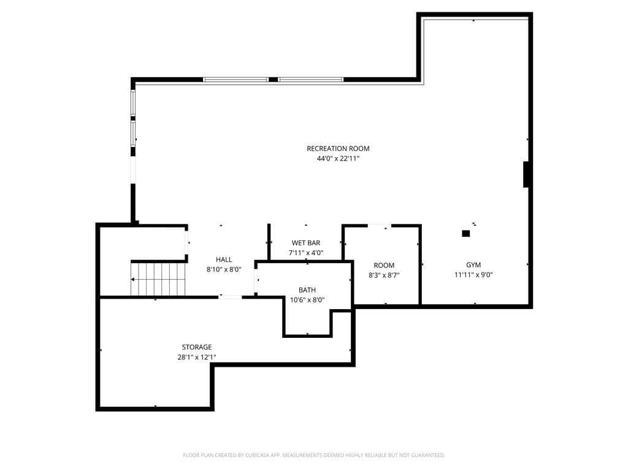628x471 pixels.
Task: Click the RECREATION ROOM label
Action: (338, 148)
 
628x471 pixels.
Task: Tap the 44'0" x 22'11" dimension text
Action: (338, 159)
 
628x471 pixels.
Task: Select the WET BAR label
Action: (306, 243)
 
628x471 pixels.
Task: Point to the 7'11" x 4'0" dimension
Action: (306, 253)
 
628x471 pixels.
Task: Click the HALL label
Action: (224, 259)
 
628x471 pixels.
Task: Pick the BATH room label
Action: (307, 290)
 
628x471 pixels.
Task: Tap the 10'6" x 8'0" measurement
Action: (307, 300)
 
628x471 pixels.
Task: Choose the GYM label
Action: (473, 265)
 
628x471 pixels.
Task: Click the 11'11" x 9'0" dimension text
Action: (473, 275)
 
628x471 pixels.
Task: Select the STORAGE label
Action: (197, 347)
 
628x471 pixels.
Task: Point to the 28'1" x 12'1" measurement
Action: (197, 358)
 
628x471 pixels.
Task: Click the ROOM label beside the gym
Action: (384, 265)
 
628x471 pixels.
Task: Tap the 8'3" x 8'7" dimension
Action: (384, 275)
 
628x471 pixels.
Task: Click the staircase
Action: (158, 279)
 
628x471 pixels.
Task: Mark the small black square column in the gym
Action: (466, 234)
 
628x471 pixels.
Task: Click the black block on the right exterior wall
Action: (527, 174)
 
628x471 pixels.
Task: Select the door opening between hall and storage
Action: (231, 297)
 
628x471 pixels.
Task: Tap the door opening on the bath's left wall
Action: (256, 279)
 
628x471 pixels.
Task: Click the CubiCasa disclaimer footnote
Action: (314, 455)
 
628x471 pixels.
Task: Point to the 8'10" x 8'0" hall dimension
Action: (224, 270)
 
